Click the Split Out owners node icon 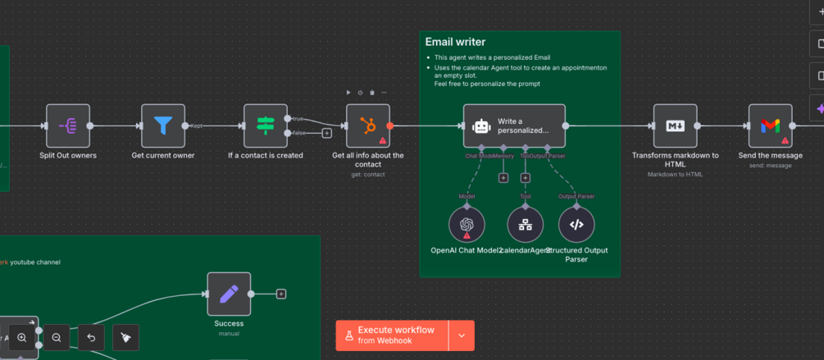(68, 126)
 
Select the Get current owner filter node (163, 126)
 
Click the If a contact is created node (266, 126)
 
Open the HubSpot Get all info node (368, 126)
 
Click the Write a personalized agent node (514, 126)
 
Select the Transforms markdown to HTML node (675, 126)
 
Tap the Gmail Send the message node (770, 126)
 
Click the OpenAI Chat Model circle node (467, 225)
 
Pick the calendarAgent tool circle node (526, 225)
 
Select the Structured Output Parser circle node (576, 225)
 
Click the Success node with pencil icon (229, 294)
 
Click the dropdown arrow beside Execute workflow (462, 335)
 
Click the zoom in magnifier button (22, 337)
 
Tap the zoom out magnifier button (57, 337)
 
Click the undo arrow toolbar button (91, 337)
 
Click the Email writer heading (455, 42)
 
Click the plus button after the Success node (281, 294)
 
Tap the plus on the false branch (326, 133)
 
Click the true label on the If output (298, 119)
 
